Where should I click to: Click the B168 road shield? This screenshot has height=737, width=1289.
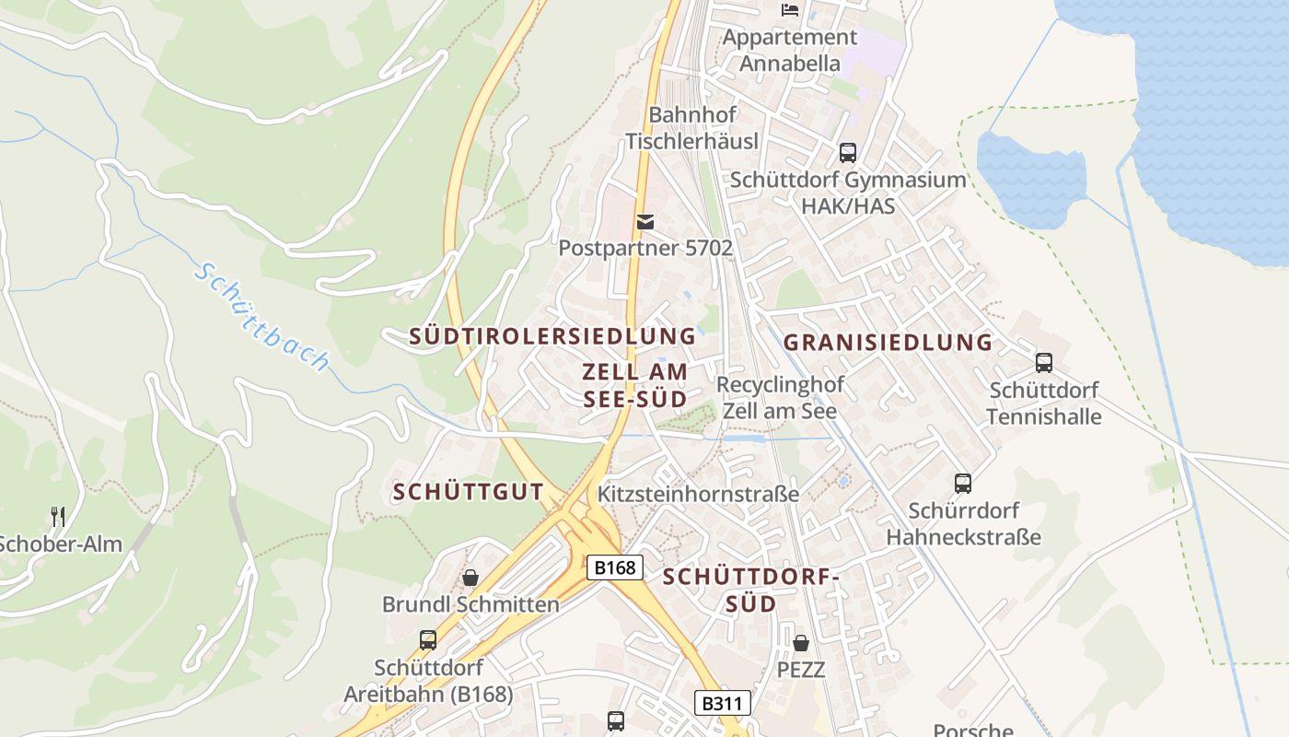coord(615,567)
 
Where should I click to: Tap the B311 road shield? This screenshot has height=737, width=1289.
coord(722,704)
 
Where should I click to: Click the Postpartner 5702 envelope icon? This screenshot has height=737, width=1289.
coord(645,222)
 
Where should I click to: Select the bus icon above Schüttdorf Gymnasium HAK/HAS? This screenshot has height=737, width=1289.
coord(848,153)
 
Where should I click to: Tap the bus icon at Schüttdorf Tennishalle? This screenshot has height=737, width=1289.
coord(1043,363)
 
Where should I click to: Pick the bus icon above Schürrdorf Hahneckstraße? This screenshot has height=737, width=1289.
coord(963,483)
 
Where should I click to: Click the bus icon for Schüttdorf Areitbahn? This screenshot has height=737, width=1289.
coord(427,639)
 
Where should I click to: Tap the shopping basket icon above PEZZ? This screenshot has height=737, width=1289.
coord(801,642)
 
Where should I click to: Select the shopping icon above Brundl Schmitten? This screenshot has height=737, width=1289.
coord(470,578)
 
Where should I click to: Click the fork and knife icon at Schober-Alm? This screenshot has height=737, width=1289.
coord(58,516)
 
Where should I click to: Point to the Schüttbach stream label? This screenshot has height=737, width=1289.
coord(262,318)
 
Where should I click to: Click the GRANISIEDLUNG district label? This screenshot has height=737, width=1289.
coord(888,343)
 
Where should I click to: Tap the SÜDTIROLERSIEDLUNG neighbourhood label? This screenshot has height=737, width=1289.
coord(552,336)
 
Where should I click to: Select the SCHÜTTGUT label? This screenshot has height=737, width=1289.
coord(468,492)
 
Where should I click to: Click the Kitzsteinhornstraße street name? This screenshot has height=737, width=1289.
coord(698,494)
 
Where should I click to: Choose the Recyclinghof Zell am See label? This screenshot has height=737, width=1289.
coord(780,397)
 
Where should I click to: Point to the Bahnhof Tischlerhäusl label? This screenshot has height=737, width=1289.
coord(692,128)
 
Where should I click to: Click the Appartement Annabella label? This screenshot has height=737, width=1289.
coord(790,50)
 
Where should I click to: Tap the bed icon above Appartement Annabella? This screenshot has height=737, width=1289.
coord(790,10)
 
